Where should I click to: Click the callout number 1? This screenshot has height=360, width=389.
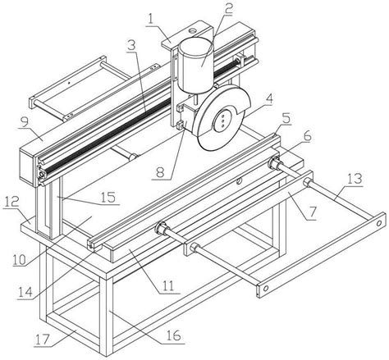[x=150, y=19]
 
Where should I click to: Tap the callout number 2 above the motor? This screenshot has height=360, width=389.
[x=228, y=8]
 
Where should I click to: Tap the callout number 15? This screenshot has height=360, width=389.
[x=108, y=198]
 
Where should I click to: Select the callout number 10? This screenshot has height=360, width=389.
[x=19, y=259]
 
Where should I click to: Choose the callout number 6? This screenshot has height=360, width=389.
[x=307, y=136]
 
